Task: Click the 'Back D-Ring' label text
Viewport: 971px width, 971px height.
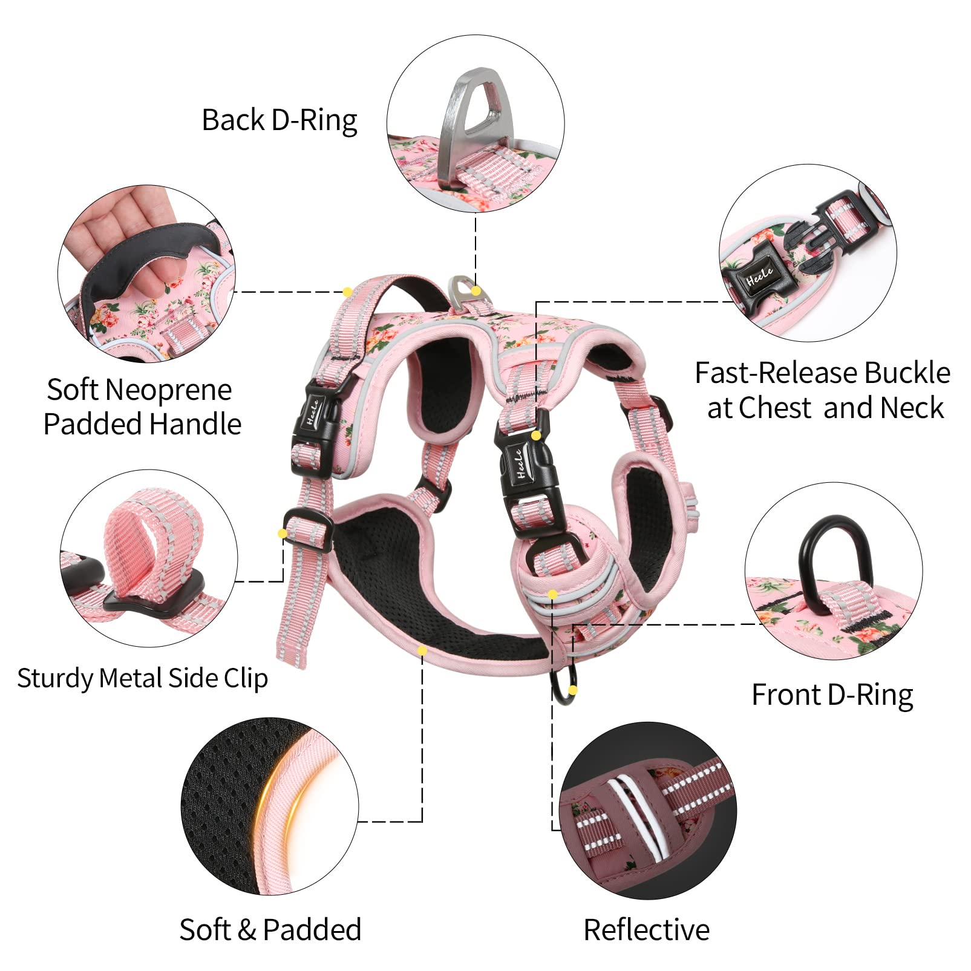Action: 279,120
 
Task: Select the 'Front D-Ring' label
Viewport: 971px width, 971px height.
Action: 832,695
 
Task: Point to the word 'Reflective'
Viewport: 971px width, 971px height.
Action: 646,929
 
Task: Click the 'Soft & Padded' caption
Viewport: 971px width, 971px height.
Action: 270,929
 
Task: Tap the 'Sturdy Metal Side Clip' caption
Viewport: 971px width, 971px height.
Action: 142,678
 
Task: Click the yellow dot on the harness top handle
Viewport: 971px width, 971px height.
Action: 347,292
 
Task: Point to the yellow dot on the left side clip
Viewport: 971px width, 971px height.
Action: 282,533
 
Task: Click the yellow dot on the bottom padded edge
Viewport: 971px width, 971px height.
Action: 422,651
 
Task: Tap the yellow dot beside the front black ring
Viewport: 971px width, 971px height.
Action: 573,690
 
